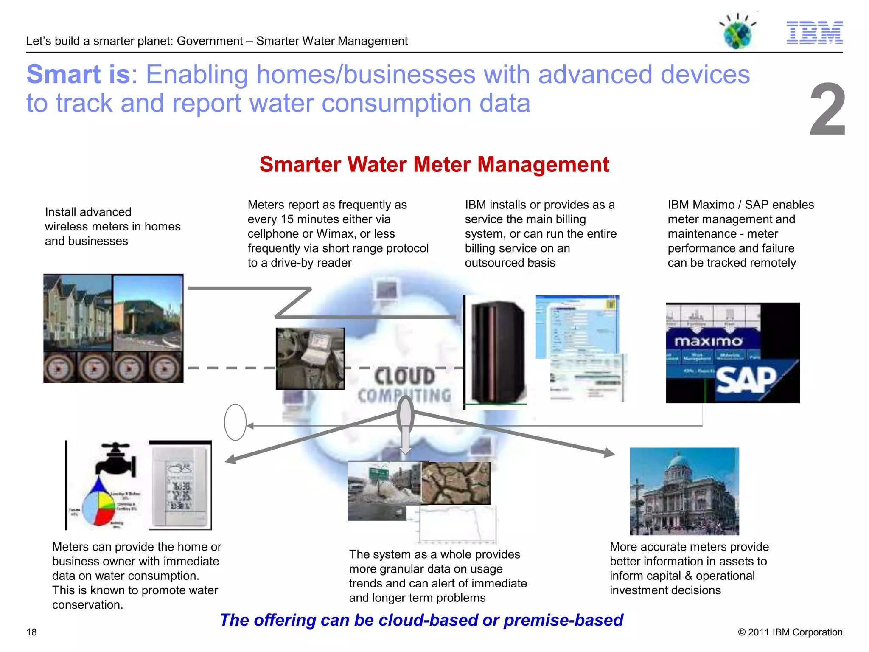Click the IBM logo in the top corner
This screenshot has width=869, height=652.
(814, 33)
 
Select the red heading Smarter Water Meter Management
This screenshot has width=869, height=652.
(434, 165)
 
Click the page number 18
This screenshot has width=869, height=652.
(31, 632)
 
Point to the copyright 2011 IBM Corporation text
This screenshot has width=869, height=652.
(790, 632)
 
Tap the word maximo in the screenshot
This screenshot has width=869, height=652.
(708, 341)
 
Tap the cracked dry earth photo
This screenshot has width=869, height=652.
(456, 483)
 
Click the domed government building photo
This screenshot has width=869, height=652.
(684, 491)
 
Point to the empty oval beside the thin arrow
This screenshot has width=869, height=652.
(235, 422)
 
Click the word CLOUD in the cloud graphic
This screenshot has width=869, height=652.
(404, 377)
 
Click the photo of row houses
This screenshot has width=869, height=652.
(78, 313)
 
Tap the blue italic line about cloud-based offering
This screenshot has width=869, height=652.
(421, 620)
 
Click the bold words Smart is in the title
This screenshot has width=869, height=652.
(78, 75)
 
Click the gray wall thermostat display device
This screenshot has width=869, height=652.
(180, 486)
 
